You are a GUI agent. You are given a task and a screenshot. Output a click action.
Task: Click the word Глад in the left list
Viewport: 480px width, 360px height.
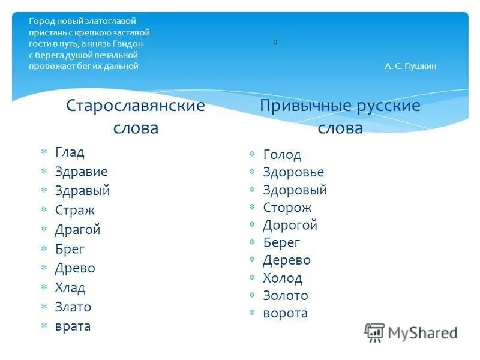click(x=70, y=152)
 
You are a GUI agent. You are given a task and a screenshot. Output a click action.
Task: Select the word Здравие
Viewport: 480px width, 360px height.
click(x=81, y=172)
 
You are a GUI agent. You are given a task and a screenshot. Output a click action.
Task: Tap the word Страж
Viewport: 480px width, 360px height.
click(x=74, y=211)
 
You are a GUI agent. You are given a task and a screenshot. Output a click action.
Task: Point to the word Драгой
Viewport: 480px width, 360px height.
click(x=77, y=230)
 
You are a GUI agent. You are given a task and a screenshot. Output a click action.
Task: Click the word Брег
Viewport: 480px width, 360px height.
click(x=70, y=249)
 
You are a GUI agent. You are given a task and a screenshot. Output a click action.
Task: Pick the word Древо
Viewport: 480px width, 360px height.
click(x=75, y=268)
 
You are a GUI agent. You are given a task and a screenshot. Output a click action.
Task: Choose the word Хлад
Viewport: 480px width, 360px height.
click(x=70, y=288)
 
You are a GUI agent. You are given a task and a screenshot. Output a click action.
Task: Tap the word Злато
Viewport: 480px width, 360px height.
click(x=73, y=307)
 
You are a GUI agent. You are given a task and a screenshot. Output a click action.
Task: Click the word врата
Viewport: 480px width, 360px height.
click(x=73, y=326)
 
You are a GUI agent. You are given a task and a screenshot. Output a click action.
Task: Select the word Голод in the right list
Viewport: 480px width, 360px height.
click(x=282, y=155)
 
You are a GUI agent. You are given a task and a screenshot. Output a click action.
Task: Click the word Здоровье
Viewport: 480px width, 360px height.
click(x=293, y=173)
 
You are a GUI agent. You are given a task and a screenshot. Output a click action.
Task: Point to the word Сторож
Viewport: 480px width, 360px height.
click(x=287, y=208)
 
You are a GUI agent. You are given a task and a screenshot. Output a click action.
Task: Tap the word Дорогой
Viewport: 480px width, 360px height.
click(x=290, y=226)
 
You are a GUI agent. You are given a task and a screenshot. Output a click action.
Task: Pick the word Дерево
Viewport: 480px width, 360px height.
click(x=287, y=260)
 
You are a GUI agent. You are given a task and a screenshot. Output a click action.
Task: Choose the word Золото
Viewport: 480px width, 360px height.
click(x=286, y=296)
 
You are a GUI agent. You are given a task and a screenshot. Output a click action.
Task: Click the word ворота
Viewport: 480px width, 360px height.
click(x=285, y=313)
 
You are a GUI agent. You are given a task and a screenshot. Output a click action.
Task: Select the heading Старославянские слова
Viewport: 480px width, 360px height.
click(x=136, y=116)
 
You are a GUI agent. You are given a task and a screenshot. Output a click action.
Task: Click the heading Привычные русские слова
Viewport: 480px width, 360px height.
click(x=340, y=117)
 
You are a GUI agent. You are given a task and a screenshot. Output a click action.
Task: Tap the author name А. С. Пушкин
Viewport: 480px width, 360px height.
click(x=410, y=67)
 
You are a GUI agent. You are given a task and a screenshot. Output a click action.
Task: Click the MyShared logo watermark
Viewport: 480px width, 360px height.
click(x=411, y=332)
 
